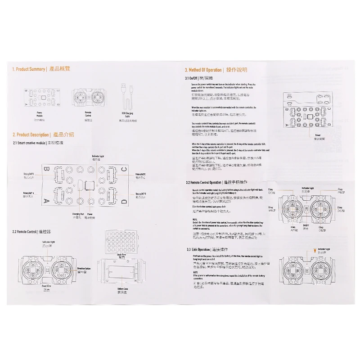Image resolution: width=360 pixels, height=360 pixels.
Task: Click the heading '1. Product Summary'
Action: tap(29, 69)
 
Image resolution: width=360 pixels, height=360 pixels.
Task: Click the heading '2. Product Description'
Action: tap(31, 135)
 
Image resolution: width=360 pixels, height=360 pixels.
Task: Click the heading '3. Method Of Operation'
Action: tap(204, 70)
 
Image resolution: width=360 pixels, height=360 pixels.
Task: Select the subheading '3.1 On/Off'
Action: tap(194, 78)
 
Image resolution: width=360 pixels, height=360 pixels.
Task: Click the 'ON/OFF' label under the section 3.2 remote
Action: tap(306, 225)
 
